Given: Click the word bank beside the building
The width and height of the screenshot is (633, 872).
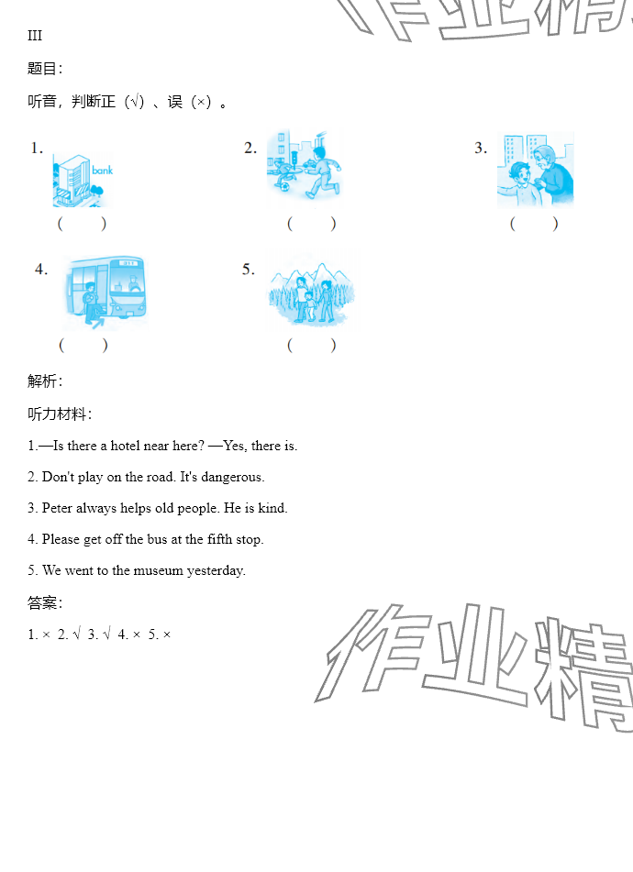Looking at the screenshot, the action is (x=103, y=171).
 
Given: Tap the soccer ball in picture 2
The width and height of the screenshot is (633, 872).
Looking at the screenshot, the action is (x=284, y=186).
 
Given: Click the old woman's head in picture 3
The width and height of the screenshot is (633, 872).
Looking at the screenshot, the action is (x=546, y=158).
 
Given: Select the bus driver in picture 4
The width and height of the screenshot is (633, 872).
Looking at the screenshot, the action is (x=134, y=284).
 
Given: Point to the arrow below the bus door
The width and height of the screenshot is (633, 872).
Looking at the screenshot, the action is (x=98, y=322).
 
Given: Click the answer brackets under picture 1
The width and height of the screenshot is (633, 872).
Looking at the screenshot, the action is (x=82, y=224).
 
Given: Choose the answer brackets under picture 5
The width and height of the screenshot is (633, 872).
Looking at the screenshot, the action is (x=312, y=346).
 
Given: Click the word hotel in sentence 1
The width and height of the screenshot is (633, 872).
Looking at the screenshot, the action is (x=125, y=446).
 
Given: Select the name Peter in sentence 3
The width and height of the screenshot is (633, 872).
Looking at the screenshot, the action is (x=57, y=508).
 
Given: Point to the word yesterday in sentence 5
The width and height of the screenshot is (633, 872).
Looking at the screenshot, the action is (x=216, y=571).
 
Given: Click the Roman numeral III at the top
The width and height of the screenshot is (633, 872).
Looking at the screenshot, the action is (x=35, y=36).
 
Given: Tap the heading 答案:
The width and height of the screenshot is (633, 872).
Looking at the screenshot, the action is (x=45, y=602).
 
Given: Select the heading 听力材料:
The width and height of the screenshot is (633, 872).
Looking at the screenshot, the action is (x=60, y=414).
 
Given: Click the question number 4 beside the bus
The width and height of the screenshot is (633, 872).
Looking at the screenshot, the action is (x=40, y=270).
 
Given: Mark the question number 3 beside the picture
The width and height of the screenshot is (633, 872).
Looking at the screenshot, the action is (x=480, y=148).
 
